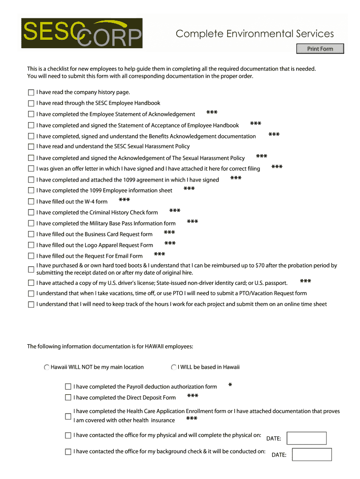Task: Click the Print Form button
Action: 320,49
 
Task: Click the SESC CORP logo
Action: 82,33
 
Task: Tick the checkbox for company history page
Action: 31,93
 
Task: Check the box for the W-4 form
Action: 31,202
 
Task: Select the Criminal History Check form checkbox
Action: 31,213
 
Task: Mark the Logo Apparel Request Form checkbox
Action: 31,246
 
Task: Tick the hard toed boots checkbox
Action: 31,269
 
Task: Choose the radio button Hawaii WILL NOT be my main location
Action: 47,368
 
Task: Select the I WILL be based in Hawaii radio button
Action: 174,368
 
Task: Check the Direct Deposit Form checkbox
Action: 68,398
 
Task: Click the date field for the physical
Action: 306,438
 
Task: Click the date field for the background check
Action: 311,454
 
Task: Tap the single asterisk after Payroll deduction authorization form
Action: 230,385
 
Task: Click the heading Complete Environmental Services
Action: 255,34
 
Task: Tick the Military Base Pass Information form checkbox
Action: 31,224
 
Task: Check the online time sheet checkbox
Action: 31,305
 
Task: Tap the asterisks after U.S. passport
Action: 305,281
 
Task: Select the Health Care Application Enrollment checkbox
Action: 68,416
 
